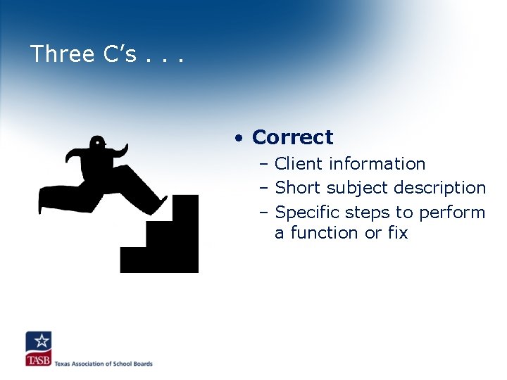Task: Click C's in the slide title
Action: [116, 54]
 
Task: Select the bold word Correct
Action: [292, 137]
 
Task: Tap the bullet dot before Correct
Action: [240, 138]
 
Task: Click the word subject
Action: [353, 189]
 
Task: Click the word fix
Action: [397, 232]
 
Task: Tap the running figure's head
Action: [97, 144]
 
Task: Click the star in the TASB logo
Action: [41, 342]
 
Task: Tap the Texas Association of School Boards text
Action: [104, 364]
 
